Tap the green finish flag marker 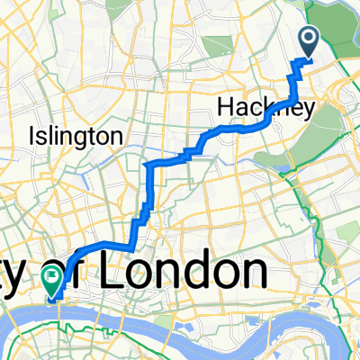54,282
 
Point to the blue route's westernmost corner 146,166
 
